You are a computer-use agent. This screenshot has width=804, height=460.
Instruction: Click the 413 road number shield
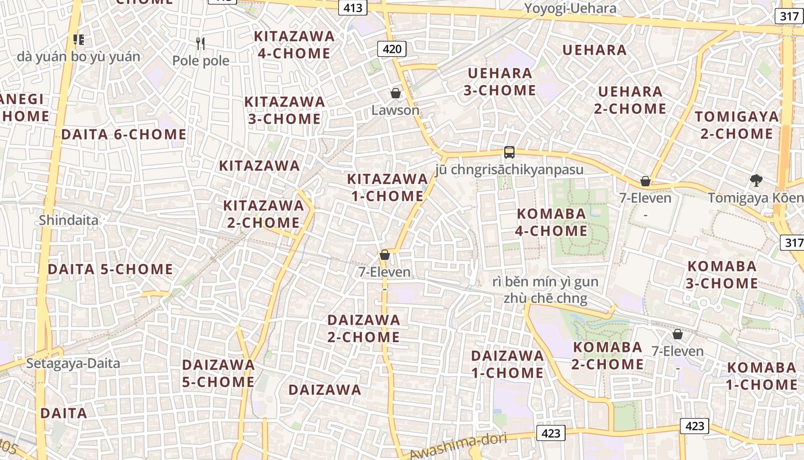pos(353,7)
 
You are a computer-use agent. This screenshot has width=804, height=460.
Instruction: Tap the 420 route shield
pos(392,49)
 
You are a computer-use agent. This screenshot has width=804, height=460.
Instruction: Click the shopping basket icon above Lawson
pos(395,93)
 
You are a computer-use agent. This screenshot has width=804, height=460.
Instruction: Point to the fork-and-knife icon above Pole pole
pos(200,43)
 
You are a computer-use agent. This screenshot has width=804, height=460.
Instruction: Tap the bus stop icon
pos(509,152)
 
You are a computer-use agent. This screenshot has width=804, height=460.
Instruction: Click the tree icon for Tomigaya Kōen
pos(756,181)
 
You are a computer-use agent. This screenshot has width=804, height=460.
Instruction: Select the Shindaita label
pos(69,220)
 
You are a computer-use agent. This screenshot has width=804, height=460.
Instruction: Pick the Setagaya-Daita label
pos(73,363)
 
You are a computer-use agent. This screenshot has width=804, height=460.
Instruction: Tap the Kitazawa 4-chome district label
pos(294,45)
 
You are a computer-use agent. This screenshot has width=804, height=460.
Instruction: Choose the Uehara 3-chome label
pos(501,82)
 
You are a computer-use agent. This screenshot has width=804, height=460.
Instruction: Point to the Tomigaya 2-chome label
pos(736,125)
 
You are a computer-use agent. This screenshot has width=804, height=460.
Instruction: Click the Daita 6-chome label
pos(123,135)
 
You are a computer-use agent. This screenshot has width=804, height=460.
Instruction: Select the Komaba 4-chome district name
pos(551,223)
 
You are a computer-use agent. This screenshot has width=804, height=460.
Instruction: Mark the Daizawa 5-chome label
pos(218,373)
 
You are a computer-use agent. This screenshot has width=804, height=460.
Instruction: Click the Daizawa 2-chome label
pos(364,328)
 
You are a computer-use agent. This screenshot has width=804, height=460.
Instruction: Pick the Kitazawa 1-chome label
pos(387,187)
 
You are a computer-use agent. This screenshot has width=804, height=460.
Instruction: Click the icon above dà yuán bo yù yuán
pos(79,40)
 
